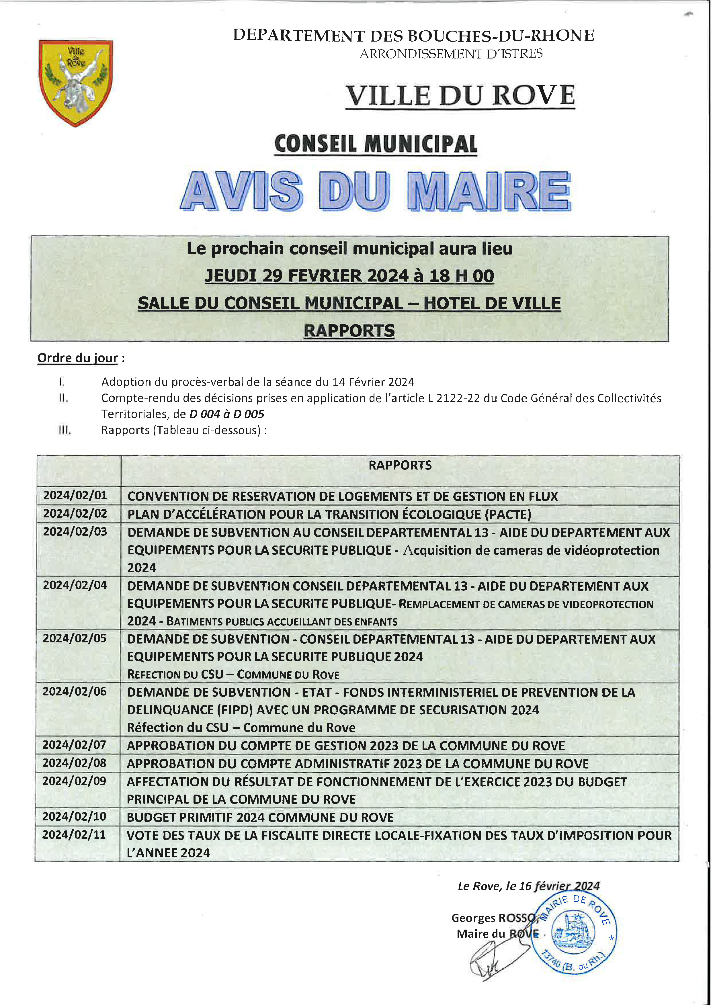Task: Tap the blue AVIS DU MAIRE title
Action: tap(375, 191)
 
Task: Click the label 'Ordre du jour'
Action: tap(77, 358)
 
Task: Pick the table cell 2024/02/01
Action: tap(75, 495)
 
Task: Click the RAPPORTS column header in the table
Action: tap(400, 465)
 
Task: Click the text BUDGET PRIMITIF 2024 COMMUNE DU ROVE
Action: tap(260, 817)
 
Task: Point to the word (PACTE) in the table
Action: tap(508, 514)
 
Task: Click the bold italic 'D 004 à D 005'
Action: tap(226, 414)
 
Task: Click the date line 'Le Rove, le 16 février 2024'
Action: tap(528, 886)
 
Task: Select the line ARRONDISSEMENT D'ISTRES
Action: tap(451, 54)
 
